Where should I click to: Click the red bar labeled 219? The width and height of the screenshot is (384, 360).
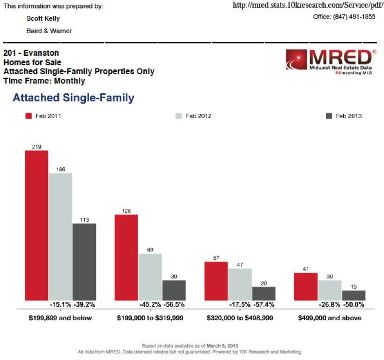pos(37,225)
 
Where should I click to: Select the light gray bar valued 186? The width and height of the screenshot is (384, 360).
pos(60,237)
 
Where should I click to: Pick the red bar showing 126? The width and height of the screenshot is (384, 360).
pos(126,257)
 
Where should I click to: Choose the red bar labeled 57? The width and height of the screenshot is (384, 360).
pos(216,281)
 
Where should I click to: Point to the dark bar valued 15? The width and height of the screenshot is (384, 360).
pos(354,295)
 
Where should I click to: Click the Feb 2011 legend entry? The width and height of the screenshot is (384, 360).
pos(43,116)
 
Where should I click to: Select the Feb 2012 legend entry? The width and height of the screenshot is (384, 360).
pos(193,116)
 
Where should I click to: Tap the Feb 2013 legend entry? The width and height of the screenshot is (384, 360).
pos(343,116)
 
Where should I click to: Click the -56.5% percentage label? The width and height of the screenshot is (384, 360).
pos(174,305)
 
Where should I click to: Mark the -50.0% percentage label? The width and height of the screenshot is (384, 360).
pos(354,305)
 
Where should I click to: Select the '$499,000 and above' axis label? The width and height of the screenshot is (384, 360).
pos(330,318)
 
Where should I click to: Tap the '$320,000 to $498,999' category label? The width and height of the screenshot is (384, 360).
pos(240,318)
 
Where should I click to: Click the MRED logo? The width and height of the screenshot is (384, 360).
pos(331,62)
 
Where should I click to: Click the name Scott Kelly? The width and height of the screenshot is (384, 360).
pos(43,19)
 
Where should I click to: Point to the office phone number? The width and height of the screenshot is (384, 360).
pos(344,16)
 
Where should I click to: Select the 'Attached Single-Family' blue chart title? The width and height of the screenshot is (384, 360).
pos(74,98)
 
